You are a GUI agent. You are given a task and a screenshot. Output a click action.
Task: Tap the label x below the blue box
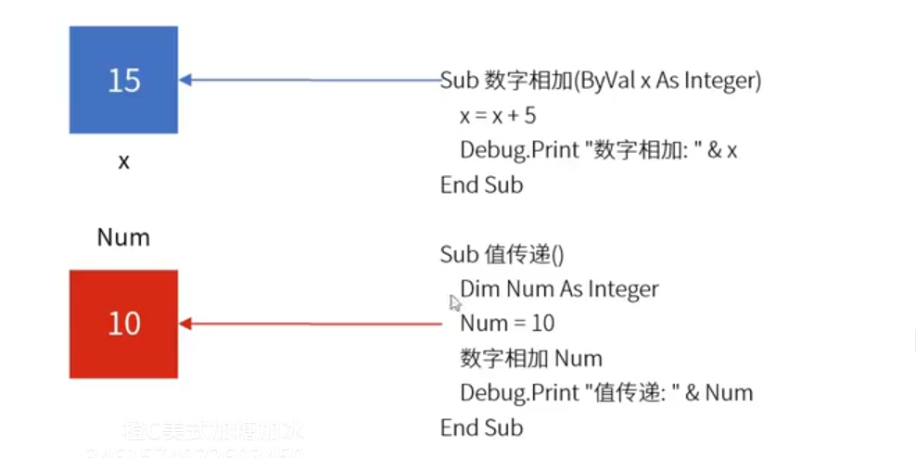[x=123, y=161]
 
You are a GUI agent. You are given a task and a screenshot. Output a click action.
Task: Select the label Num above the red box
[x=123, y=238]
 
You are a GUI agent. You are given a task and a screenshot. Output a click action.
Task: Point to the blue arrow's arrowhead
[x=185, y=81]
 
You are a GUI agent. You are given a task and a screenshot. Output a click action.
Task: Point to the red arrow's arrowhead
[x=185, y=324]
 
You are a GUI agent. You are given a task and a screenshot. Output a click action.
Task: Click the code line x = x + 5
[x=498, y=116]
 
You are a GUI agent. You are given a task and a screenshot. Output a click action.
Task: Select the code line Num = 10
[x=507, y=324]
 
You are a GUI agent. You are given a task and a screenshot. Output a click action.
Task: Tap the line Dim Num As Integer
[x=559, y=289]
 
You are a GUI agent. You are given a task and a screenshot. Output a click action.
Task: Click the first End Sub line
[x=481, y=184]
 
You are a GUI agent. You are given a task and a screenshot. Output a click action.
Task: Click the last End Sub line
[x=481, y=427]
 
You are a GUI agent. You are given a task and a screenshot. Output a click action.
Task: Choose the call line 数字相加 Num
[x=530, y=359]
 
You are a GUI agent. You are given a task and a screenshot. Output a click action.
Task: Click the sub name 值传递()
[x=524, y=255]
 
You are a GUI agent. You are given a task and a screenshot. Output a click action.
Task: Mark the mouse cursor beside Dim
[x=454, y=301]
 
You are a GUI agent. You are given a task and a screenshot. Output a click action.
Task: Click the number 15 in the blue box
[x=123, y=81]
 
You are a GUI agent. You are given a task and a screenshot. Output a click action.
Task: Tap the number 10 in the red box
[x=123, y=324]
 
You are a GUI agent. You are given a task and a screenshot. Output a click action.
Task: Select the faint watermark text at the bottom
[x=213, y=432]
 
